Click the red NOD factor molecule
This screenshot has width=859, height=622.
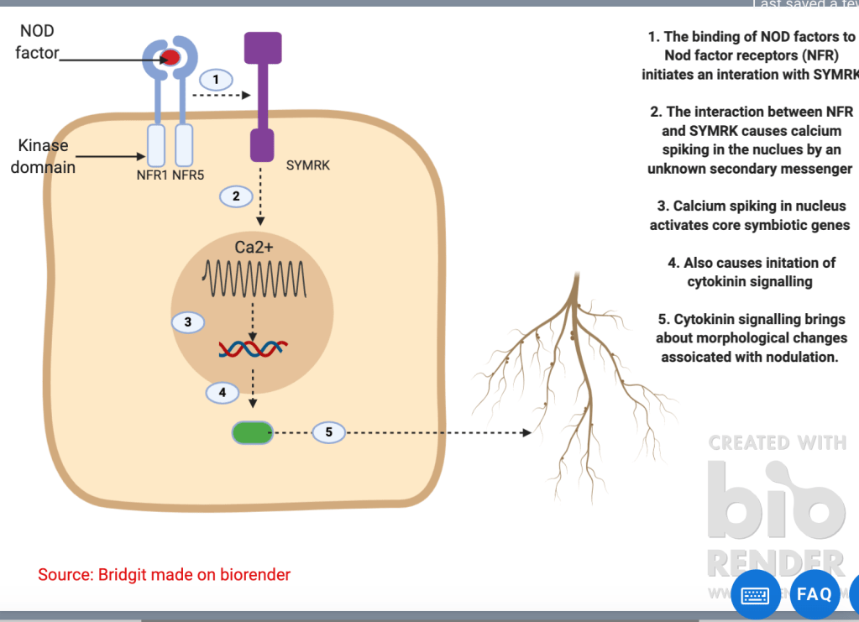pos(170,57)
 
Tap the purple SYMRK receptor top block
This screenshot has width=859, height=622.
pos(262,48)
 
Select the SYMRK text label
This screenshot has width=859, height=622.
pos(307,165)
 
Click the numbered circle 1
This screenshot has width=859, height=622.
pos(216,80)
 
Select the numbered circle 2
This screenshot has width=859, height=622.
pos(236,196)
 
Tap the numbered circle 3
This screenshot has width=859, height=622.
pos(188,321)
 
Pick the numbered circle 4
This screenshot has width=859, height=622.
pos(223,391)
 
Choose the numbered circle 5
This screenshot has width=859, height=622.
pos(328,432)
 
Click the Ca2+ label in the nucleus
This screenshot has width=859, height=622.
pos(254,247)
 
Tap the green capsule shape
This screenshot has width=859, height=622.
pos(252,432)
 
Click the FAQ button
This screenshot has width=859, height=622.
pos(814,593)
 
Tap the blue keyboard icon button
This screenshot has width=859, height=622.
pos(755,595)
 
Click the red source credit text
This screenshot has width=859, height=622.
pos(164,575)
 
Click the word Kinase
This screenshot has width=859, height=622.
pos(43,145)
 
